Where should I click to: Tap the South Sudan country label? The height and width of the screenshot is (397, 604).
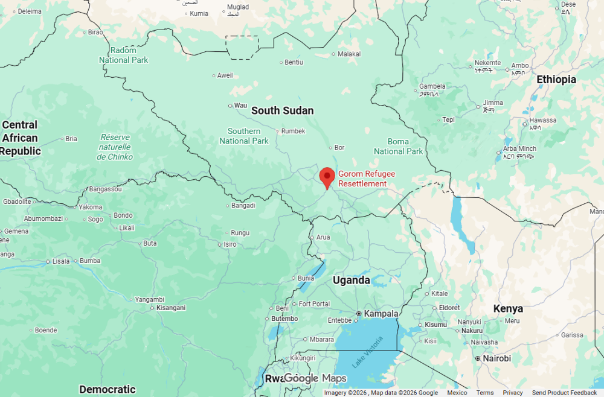point(282,110)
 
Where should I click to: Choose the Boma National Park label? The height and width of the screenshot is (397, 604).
point(398,147)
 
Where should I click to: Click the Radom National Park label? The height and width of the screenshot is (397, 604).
point(123,55)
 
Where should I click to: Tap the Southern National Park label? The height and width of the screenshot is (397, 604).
point(244,136)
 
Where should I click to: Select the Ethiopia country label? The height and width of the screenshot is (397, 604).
point(556,80)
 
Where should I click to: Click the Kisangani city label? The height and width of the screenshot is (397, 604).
point(171,308)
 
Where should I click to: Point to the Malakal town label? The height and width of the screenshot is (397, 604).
point(349,54)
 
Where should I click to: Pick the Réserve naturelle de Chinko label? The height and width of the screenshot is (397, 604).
point(115,147)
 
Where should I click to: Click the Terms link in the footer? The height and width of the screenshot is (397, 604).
point(484,393)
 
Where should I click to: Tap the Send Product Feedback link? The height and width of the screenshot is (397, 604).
point(564,393)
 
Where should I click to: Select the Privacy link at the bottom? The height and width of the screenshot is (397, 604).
point(513,393)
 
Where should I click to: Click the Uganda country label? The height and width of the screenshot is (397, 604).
point(352,281)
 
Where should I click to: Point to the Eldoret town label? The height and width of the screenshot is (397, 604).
point(449,308)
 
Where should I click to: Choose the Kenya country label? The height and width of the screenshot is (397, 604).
point(508,309)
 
